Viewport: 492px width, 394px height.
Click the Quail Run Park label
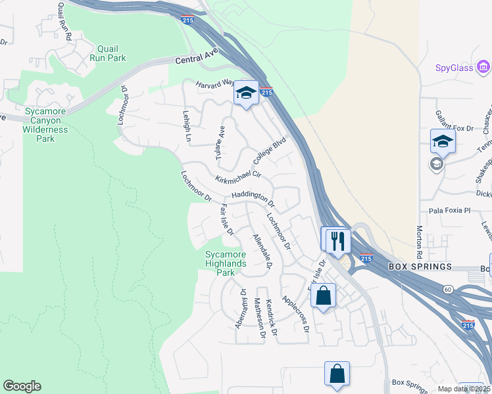[111, 53]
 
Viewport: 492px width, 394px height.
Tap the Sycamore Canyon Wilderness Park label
[45, 125]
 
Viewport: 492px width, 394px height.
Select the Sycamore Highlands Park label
[225, 263]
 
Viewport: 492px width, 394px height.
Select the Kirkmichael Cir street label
[238, 177]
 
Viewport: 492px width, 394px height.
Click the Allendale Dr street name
[261, 251]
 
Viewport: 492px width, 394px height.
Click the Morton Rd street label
[419, 242]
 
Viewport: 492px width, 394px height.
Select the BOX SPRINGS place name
[420, 267]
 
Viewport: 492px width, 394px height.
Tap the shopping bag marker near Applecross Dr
[324, 295]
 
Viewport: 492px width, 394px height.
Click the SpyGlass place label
[455, 67]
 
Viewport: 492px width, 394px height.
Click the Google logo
[22, 386]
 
